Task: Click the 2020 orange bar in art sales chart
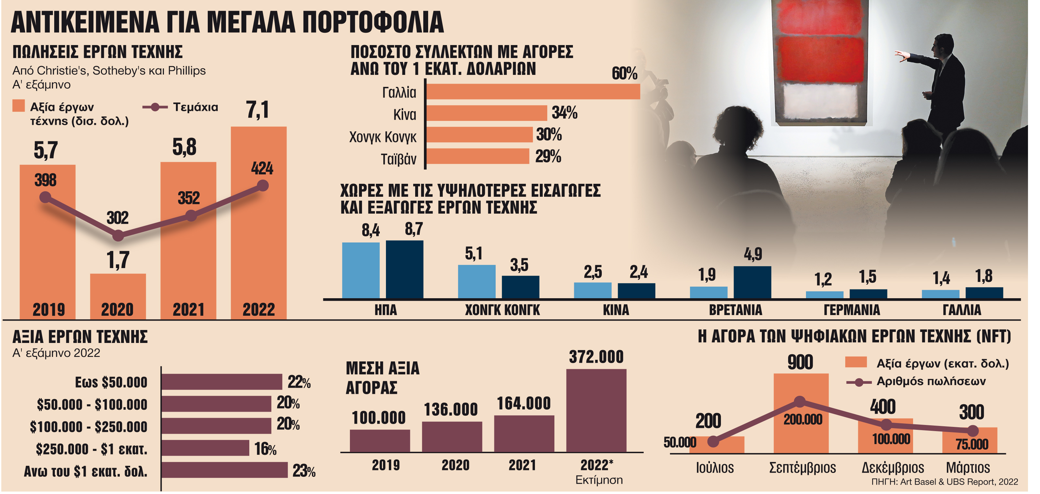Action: [118, 296]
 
